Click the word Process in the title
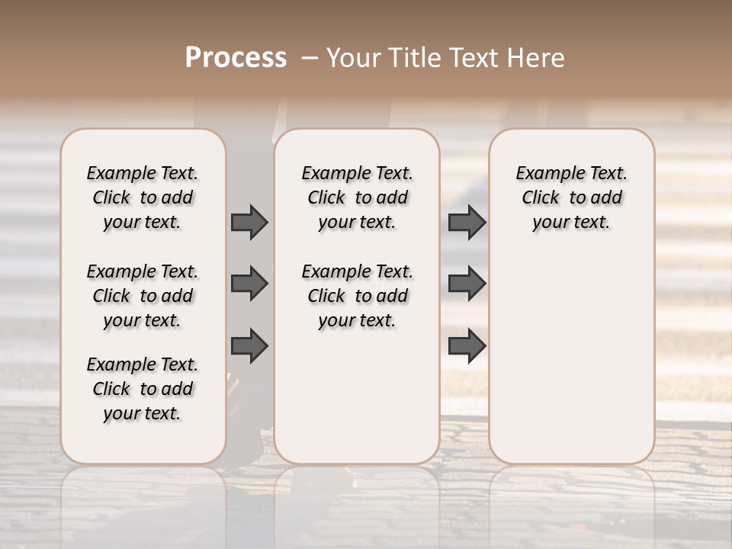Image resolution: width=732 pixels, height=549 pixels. tap(236, 58)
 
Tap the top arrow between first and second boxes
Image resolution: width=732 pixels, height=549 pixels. tap(249, 222)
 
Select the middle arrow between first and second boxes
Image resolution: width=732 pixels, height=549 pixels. tap(249, 284)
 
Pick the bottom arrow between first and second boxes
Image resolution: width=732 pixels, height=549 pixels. tap(249, 346)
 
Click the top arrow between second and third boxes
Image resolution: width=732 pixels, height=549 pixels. tap(467, 222)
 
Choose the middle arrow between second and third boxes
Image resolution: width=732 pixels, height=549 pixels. tap(467, 284)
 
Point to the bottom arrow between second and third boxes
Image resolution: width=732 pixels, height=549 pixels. tap(467, 346)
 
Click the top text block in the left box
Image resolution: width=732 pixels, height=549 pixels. tap(143, 197)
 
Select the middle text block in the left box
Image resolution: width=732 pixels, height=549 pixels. tap(143, 296)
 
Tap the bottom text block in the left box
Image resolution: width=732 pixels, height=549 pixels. tap(143, 389)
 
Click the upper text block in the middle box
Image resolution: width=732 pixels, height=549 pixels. tap(358, 197)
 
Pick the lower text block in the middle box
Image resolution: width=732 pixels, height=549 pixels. tap(358, 296)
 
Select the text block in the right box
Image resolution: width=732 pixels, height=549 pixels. tap(572, 197)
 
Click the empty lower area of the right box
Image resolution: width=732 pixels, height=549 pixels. tap(572, 351)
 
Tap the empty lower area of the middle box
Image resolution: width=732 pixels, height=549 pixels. tap(358, 396)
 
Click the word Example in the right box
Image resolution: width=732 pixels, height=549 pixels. tap(544, 174)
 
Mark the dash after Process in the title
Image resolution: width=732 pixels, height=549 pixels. tap(310, 58)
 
